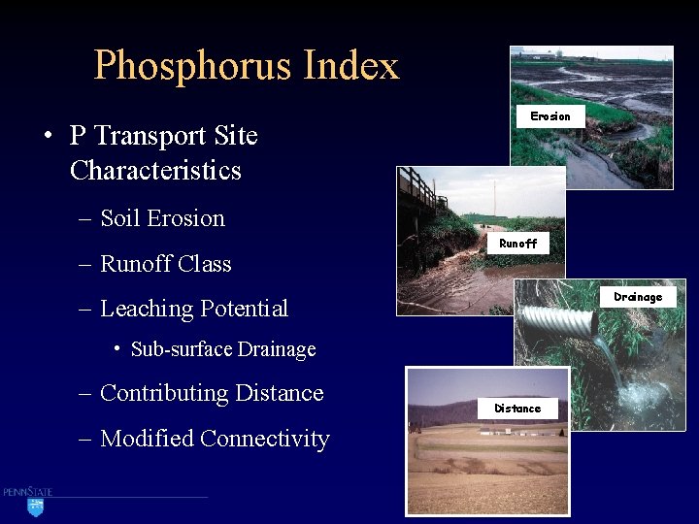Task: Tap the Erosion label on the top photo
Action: pyautogui.click(x=550, y=116)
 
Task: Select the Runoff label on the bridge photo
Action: pyautogui.click(x=517, y=244)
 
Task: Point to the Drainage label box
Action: pyautogui.click(x=638, y=297)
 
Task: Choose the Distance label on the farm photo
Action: pyautogui.click(x=517, y=409)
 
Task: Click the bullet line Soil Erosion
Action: pyautogui.click(x=162, y=218)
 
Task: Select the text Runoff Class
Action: pyautogui.click(x=165, y=264)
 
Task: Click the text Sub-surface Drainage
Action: pyautogui.click(x=223, y=349)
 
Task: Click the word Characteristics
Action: pyautogui.click(x=155, y=171)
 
